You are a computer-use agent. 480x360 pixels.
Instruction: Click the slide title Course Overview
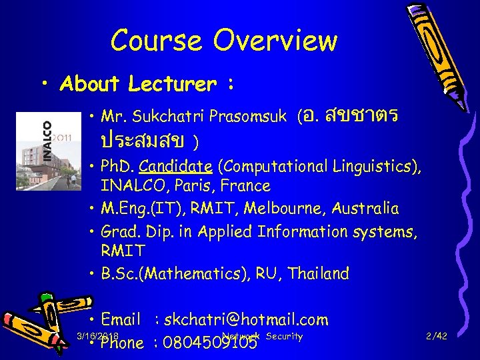point(224,41)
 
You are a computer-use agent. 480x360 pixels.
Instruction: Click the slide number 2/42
point(437,337)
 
